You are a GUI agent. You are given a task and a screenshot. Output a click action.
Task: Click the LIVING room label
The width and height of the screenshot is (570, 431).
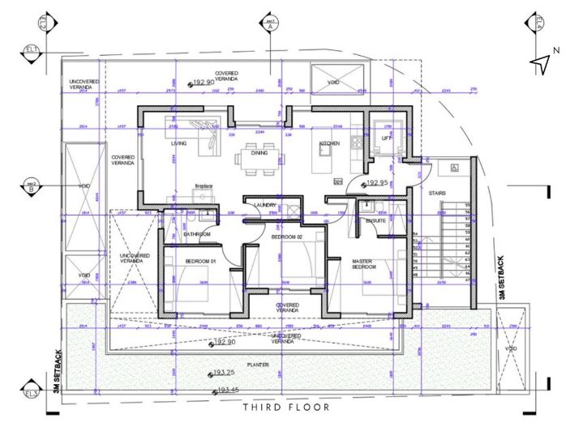point(178,144)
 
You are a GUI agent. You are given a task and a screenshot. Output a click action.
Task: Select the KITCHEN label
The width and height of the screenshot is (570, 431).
point(329,143)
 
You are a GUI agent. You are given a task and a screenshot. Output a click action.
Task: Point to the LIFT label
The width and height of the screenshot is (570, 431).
point(386,139)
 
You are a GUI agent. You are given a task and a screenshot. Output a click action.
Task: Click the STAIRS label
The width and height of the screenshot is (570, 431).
point(437,194)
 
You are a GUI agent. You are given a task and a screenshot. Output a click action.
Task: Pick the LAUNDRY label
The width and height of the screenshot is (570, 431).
point(264,206)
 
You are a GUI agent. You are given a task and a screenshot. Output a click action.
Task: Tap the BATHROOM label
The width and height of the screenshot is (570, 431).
point(197,234)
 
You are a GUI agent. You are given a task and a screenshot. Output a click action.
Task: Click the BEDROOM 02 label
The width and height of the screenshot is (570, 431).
point(286,237)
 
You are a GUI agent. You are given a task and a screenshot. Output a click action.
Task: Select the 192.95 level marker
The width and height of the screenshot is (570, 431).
point(377,184)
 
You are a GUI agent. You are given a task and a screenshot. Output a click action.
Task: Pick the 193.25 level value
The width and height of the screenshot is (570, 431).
point(225,373)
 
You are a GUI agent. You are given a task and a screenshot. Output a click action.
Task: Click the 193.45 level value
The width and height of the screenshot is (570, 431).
point(230,390)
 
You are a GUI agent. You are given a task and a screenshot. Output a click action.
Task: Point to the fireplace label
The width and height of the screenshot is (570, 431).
point(203,186)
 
